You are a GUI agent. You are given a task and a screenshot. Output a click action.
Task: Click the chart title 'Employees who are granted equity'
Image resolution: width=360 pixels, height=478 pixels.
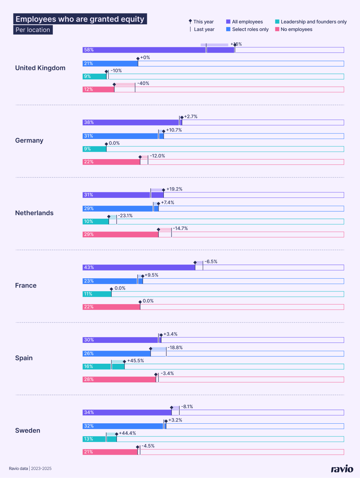point(80,19)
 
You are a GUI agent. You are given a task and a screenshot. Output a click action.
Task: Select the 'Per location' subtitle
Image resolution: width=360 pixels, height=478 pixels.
point(33,30)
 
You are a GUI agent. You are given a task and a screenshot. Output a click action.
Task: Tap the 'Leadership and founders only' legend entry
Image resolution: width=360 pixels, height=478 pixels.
point(311,22)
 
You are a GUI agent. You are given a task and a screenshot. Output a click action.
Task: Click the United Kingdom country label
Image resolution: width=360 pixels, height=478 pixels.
point(40,68)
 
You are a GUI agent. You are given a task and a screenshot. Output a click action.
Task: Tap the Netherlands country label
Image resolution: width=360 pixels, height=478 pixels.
point(34,213)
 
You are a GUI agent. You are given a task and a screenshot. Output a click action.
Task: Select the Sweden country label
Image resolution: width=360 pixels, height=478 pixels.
point(28,430)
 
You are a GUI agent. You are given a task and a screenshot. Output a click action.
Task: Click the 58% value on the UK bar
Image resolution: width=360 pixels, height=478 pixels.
point(89,50)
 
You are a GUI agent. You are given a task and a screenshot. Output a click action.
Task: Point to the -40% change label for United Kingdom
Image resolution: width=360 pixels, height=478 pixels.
point(143,84)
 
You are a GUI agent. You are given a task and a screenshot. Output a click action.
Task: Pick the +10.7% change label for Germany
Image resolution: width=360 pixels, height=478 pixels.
point(174,130)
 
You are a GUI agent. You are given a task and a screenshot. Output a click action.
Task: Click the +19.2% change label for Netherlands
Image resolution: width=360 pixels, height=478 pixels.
point(174,189)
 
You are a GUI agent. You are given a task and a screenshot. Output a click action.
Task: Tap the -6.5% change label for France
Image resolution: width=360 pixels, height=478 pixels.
point(211,262)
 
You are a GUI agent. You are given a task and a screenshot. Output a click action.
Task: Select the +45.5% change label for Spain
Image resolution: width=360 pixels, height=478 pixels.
point(136,361)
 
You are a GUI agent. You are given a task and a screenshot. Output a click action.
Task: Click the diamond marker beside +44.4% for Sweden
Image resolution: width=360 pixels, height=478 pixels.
point(116,434)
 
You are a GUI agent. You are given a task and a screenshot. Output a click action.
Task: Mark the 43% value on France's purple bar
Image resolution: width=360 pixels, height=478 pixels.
point(89,267)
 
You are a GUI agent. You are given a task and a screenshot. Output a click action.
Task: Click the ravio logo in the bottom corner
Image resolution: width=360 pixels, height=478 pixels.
point(342,468)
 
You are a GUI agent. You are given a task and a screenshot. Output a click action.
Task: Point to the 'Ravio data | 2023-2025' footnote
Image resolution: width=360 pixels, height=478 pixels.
point(30,468)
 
